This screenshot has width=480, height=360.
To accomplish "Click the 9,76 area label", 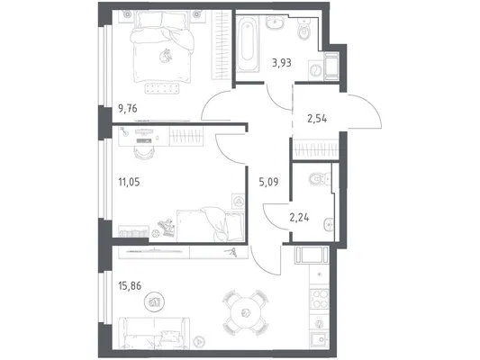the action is coord(128,109).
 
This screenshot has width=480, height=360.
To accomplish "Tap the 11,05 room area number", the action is coord(129,183).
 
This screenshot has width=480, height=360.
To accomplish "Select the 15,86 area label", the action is coord(130,286).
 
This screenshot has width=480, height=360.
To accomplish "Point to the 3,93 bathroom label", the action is coord(282,63).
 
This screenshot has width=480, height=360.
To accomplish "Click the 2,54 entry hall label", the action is coord(317,118).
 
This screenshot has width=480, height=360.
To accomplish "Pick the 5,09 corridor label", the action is coord(268,183).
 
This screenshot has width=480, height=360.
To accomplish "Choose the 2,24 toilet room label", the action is coord(299,218).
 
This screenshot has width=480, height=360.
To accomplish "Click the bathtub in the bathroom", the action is coord(248,43).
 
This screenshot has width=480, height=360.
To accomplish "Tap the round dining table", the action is coord(245,312).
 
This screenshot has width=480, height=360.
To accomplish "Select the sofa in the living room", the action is coord(154,333).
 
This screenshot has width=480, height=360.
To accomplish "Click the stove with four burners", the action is coord(320,299).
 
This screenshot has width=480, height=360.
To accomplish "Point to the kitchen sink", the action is coord(320,340).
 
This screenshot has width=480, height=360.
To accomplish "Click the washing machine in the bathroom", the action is coord(314,71).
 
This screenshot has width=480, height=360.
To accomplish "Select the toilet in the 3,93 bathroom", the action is coord(303,31).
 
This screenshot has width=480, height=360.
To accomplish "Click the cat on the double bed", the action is coord(166,56).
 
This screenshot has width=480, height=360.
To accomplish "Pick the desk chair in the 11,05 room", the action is coord(143,152).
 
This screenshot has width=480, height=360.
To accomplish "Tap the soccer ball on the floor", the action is coord(155,233).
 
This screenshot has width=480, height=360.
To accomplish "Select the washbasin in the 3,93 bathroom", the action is coord(276,22).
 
